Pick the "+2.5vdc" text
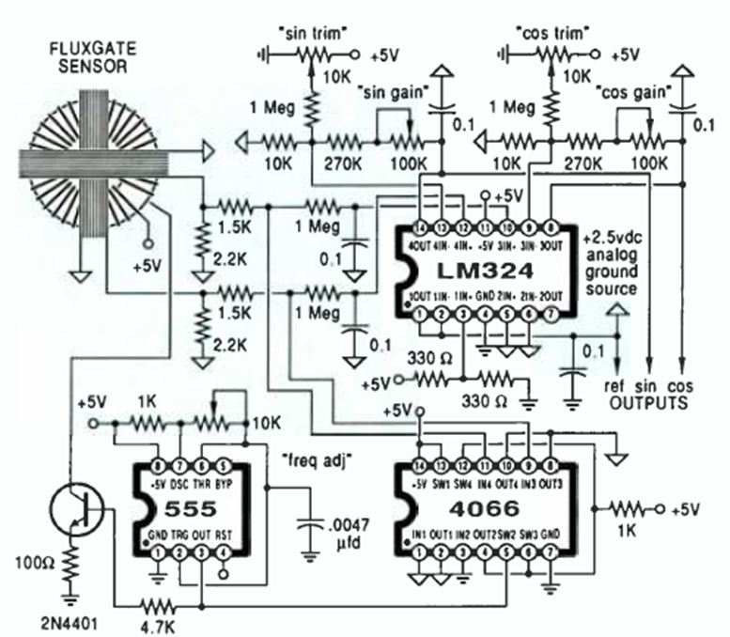click(614, 235)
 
